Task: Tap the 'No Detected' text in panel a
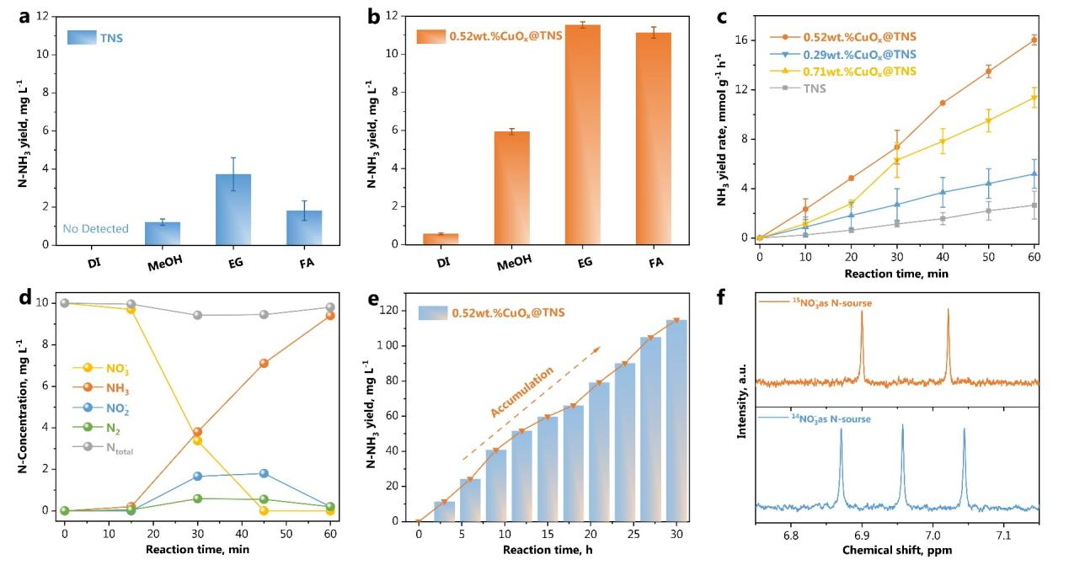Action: [95, 228]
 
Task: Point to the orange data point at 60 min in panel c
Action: [1034, 40]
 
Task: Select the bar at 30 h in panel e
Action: [676, 421]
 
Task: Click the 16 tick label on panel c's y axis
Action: [740, 40]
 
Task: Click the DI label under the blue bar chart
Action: [95, 262]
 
